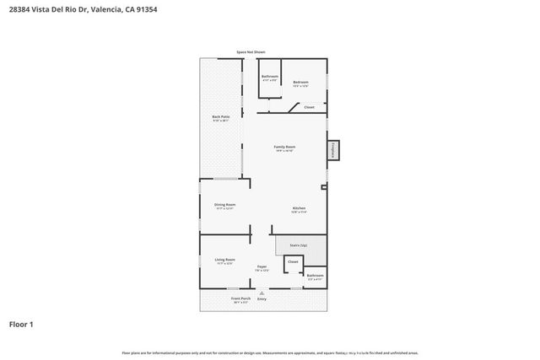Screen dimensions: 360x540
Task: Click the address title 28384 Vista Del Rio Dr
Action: [83, 10]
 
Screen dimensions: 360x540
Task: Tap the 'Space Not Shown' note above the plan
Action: [251, 52]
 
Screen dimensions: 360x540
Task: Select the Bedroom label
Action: [300, 83]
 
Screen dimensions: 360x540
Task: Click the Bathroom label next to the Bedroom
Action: [269, 78]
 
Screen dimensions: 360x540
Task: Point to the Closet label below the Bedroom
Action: [309, 107]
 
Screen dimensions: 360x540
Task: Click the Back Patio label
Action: [221, 119]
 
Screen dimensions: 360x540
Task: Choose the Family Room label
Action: [284, 148]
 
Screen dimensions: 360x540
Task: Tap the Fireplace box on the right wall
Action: [333, 149]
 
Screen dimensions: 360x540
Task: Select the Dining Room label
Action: [224, 205]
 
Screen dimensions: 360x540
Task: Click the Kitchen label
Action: [299, 209]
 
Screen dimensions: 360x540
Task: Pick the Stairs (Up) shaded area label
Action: [299, 244]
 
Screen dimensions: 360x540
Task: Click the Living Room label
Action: [224, 260]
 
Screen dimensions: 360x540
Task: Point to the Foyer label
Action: [262, 267]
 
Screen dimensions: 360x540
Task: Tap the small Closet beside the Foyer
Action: [293, 262]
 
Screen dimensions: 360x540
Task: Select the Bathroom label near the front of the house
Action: [315, 276]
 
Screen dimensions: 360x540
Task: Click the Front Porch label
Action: [240, 298]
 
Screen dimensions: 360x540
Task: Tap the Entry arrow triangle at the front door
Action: [262, 293]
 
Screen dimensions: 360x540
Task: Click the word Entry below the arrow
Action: [262, 298]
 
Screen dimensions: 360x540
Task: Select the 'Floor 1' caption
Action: [22, 324]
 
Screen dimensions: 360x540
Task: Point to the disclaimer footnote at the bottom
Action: [269, 352]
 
